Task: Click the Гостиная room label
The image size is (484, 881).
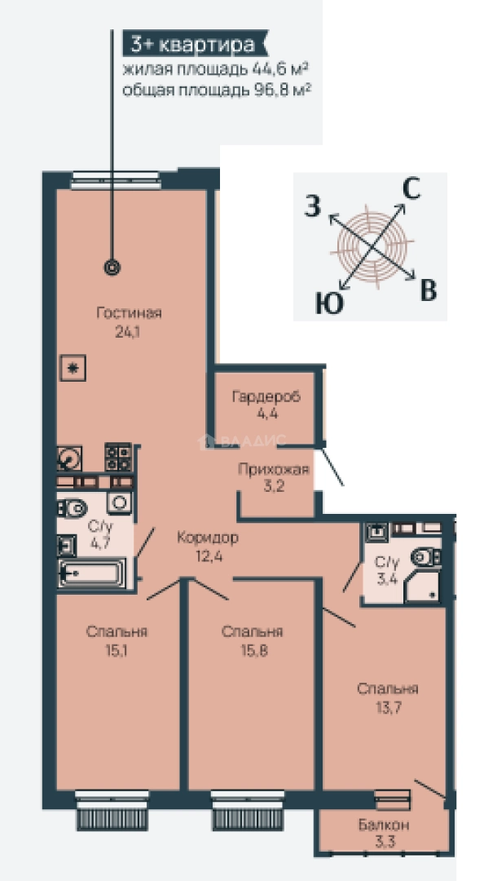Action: coord(129,313)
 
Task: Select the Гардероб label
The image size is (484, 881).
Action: coord(266,396)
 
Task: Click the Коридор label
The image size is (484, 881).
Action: coord(207,538)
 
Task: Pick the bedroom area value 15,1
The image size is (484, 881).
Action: coord(117,651)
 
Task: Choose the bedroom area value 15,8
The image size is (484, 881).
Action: coord(253,651)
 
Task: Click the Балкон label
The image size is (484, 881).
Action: coord(384,826)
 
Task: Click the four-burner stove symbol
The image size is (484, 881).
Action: coord(118,458)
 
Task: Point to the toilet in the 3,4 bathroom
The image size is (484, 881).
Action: coord(425,557)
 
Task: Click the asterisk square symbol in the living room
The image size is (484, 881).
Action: coord(72,369)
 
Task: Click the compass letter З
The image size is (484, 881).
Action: coord(313,206)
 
